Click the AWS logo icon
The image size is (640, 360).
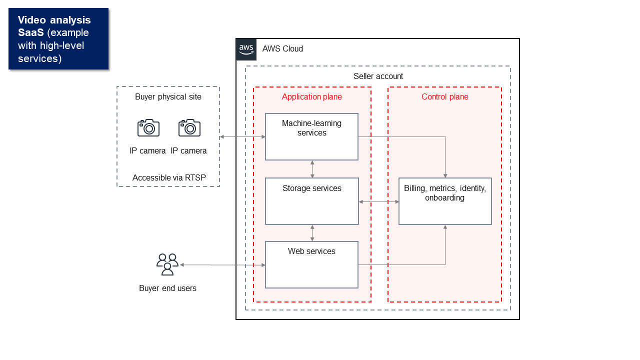pyautogui.click(x=246, y=49)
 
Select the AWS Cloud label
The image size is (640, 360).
pyautogui.click(x=282, y=48)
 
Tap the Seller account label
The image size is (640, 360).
pyautogui.click(x=378, y=76)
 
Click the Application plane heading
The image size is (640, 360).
pyautogui.click(x=311, y=96)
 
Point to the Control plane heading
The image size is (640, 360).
pyautogui.click(x=444, y=96)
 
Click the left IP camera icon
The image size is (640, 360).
pyautogui.click(x=148, y=128)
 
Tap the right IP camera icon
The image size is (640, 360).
pyautogui.click(x=189, y=128)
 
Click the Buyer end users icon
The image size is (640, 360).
pyautogui.click(x=167, y=264)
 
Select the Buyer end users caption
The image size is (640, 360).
pyautogui.click(x=167, y=288)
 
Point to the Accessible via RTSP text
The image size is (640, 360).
pyautogui.click(x=169, y=177)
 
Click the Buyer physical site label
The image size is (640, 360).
pyautogui.click(x=168, y=96)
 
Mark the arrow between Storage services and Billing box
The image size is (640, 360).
pyautogui.click(x=378, y=201)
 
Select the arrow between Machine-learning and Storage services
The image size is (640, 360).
pyautogui.click(x=312, y=169)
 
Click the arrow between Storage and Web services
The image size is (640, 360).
pyautogui.click(x=312, y=233)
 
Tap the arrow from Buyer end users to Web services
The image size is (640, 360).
pyautogui.click(x=222, y=265)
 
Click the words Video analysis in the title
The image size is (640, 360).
pyautogui.click(x=54, y=20)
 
